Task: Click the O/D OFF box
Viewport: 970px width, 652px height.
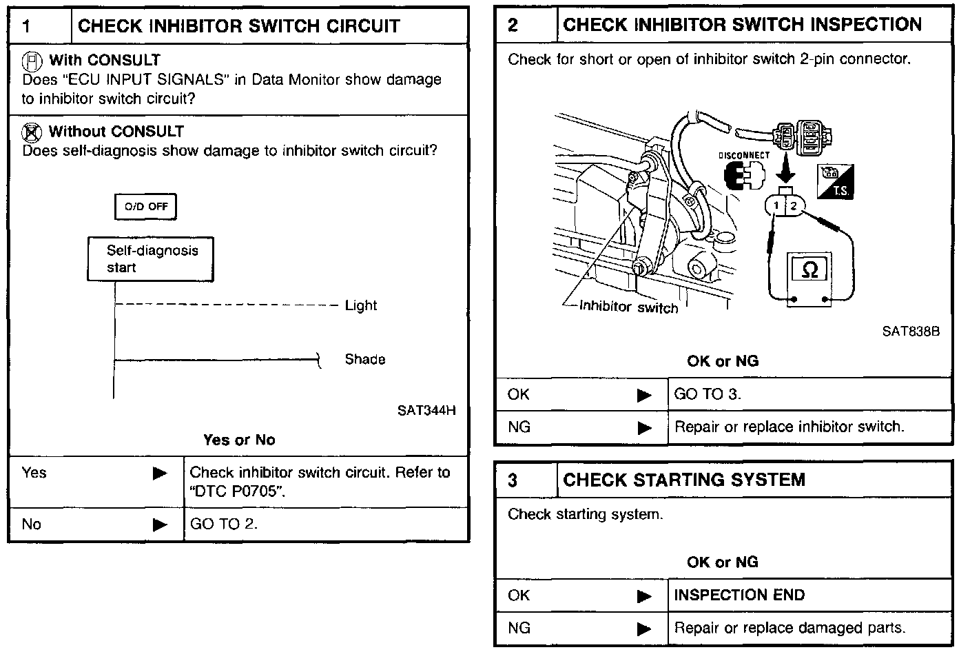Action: [x=146, y=207]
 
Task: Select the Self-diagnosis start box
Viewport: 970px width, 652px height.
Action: [x=150, y=259]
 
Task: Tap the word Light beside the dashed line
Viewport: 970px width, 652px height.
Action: [x=361, y=305]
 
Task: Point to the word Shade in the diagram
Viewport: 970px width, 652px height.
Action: [x=365, y=360]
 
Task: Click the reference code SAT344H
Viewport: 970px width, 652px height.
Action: [x=426, y=411]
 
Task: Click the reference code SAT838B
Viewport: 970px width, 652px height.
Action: [x=911, y=332]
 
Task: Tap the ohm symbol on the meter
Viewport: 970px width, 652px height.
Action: [x=811, y=269]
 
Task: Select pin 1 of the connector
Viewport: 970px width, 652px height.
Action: [x=776, y=205]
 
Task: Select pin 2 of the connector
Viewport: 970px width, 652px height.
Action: [x=794, y=205]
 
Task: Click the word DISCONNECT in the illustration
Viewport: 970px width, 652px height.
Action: [x=744, y=155]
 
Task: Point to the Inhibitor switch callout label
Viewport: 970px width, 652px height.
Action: [x=629, y=307]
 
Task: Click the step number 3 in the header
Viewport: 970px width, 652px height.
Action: [x=513, y=480]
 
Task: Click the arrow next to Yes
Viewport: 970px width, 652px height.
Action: [x=160, y=473]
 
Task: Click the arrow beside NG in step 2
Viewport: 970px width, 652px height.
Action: [x=645, y=428]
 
